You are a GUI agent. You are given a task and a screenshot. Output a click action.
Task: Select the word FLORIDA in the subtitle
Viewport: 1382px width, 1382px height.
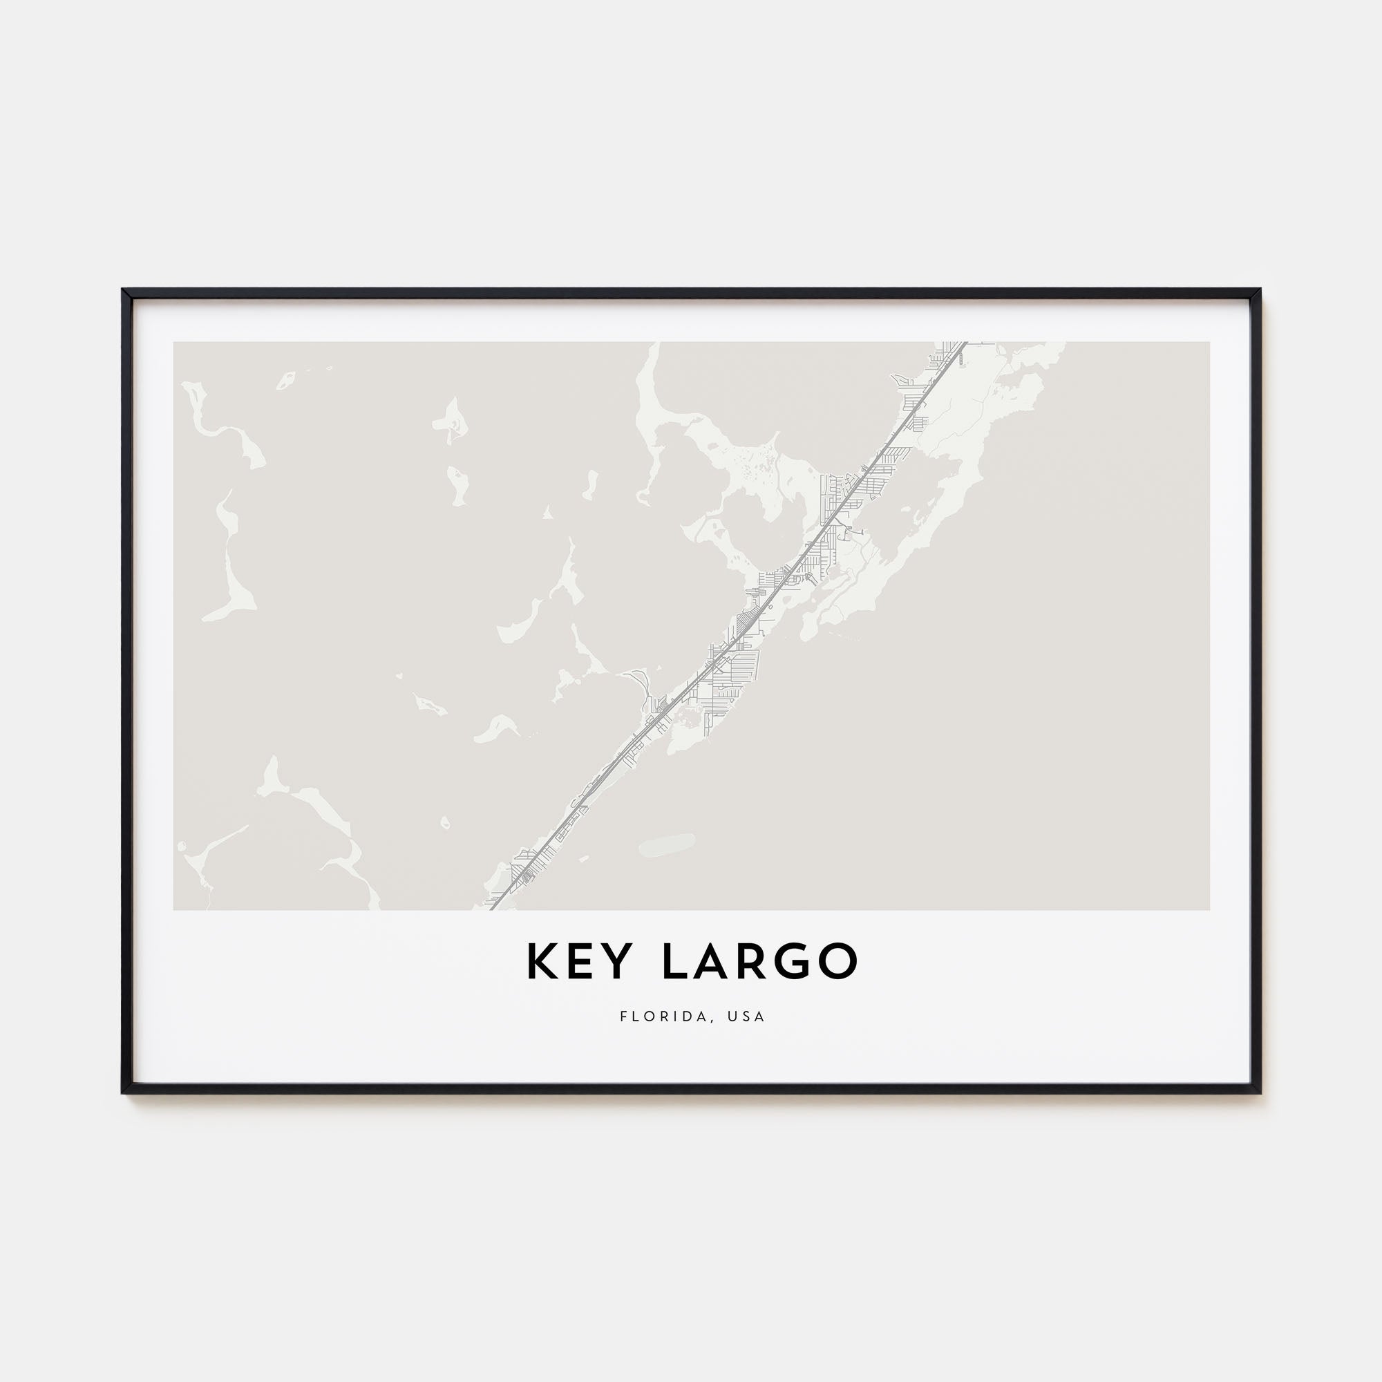[x=665, y=1016]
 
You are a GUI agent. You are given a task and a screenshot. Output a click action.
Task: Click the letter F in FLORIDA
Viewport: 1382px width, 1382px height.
[x=624, y=1016]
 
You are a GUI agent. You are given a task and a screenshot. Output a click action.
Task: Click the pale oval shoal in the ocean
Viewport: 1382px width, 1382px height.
[x=667, y=844]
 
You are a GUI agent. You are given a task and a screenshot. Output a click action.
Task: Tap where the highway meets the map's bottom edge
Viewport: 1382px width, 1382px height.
[x=492, y=909]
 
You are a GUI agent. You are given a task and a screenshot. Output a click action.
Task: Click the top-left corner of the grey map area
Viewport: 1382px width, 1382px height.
[x=174, y=343]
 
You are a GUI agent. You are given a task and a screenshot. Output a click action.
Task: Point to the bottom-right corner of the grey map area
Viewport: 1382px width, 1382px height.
[x=1209, y=909]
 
